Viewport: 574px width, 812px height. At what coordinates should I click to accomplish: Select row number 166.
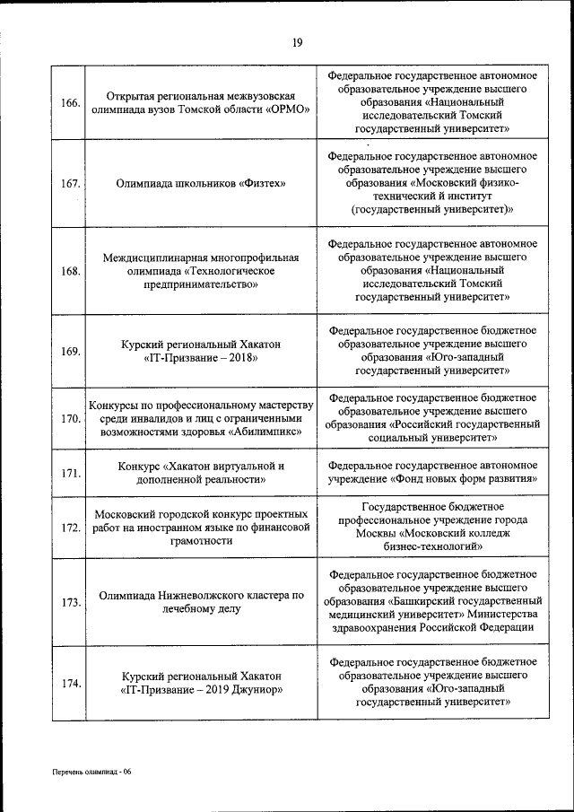click(x=70, y=102)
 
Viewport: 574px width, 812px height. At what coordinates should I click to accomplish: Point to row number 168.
click(x=70, y=271)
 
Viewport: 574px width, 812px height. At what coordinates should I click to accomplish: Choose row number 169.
click(x=70, y=351)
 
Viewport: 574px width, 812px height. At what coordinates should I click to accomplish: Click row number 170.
click(x=70, y=417)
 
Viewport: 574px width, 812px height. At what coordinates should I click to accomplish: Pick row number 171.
click(x=70, y=473)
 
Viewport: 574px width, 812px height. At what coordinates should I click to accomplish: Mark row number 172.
click(x=70, y=528)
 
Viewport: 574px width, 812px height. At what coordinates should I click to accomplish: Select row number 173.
click(x=70, y=602)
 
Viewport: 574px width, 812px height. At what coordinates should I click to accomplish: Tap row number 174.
click(x=70, y=683)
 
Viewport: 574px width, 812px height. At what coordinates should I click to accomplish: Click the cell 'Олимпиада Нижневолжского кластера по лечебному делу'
click(x=201, y=602)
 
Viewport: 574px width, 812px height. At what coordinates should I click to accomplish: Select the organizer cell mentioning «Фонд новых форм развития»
click(x=433, y=473)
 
